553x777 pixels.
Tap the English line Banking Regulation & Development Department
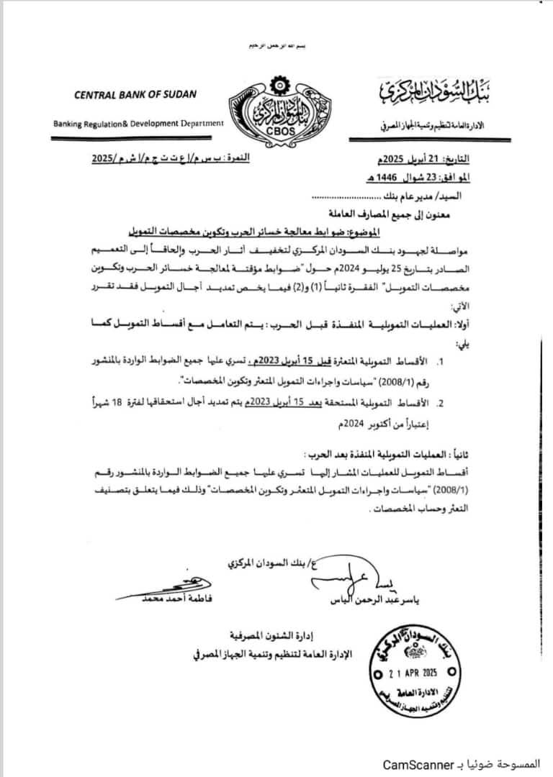point(138,123)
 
